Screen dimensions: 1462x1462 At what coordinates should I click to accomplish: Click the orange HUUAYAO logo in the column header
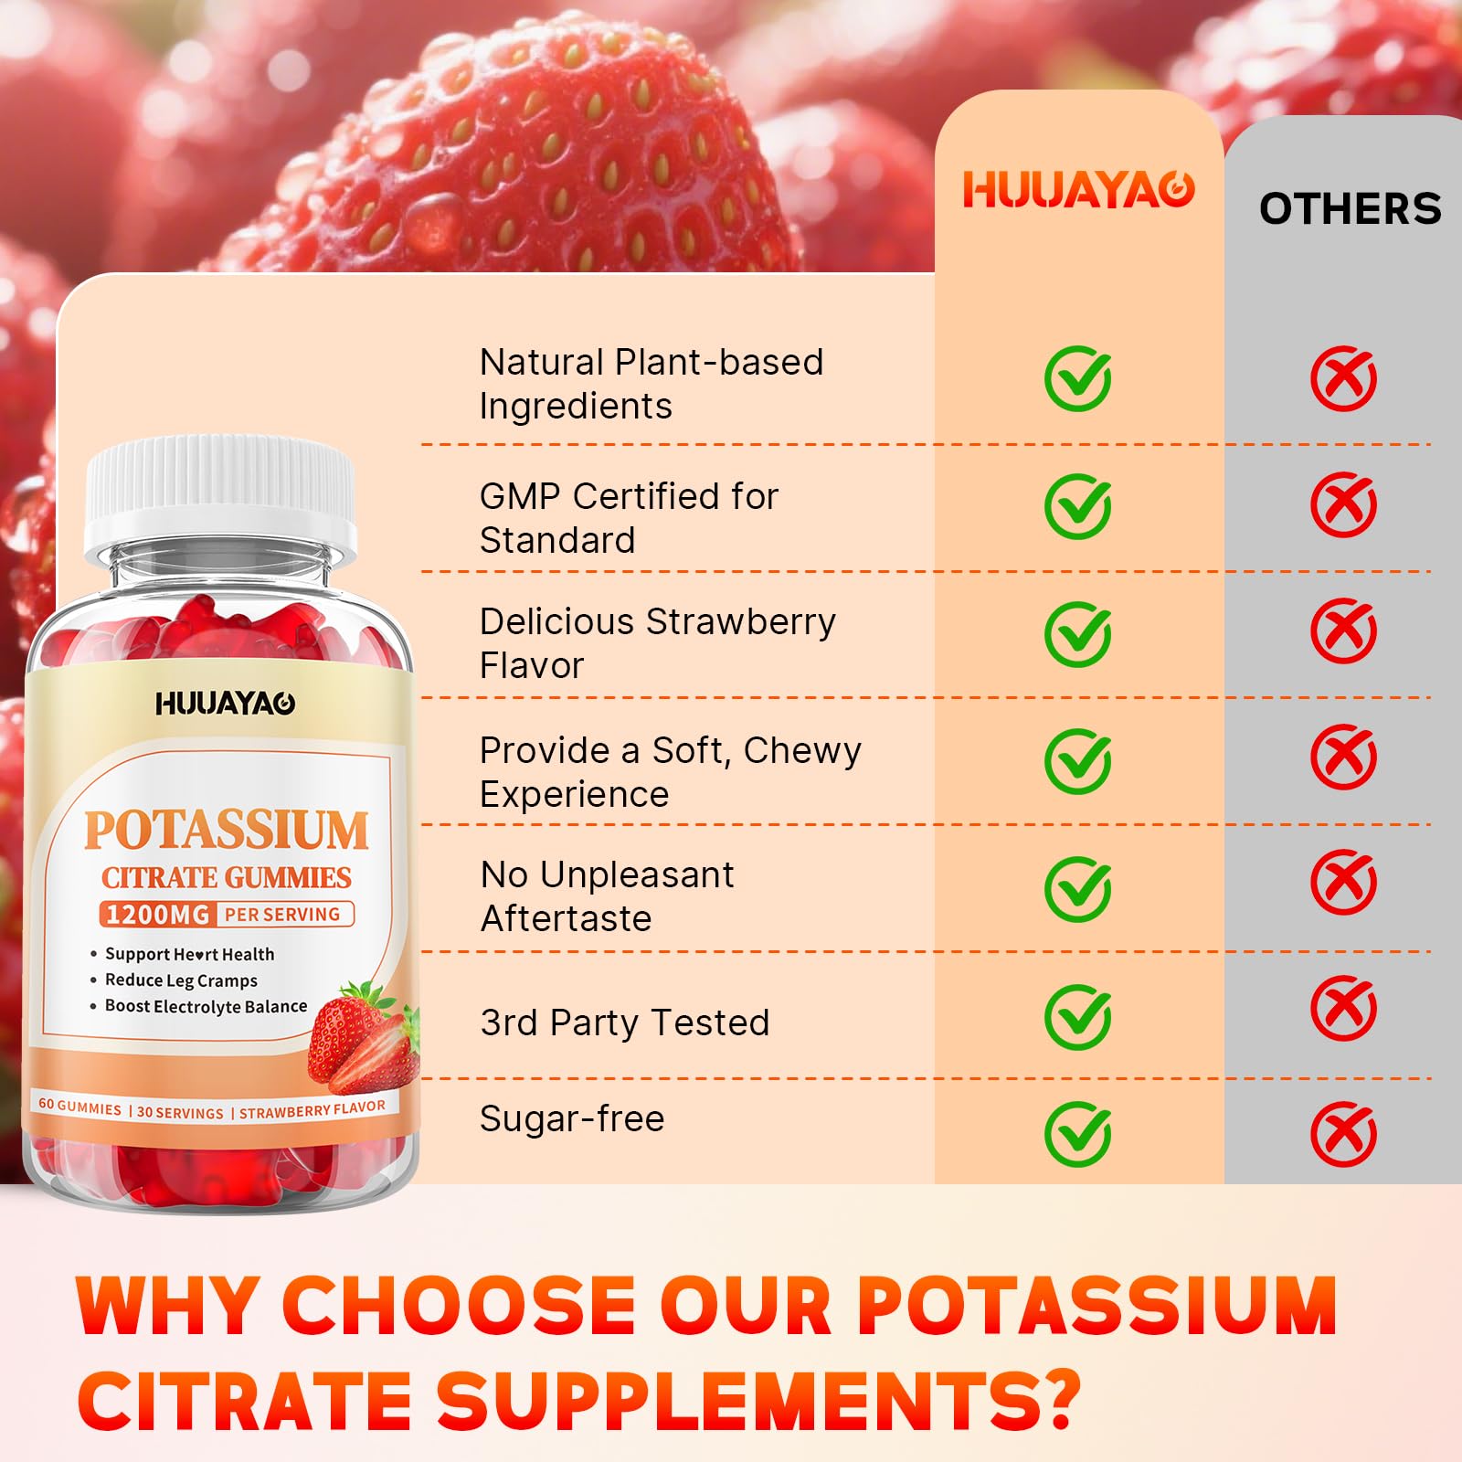pyautogui.click(x=1078, y=190)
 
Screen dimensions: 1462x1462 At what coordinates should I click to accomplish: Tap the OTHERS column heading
pyautogui.click(x=1350, y=209)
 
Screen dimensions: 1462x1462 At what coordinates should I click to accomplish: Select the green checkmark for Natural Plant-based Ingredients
pyautogui.click(x=1078, y=378)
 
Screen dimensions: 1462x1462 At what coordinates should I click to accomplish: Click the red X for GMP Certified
pyautogui.click(x=1343, y=504)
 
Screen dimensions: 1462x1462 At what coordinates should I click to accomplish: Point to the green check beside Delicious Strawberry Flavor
pyautogui.click(x=1078, y=633)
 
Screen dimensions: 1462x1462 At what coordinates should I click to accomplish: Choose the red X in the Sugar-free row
pyautogui.click(x=1343, y=1134)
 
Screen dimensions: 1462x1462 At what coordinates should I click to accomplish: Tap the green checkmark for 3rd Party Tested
pyautogui.click(x=1078, y=1016)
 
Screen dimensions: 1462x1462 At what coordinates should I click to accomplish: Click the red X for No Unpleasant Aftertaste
pyautogui.click(x=1343, y=883)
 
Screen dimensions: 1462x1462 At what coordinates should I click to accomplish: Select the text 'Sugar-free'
pyautogui.click(x=572, y=1119)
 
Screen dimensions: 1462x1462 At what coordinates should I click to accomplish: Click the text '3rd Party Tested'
pyautogui.click(x=625, y=1022)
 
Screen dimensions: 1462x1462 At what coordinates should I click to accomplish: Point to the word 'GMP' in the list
pyautogui.click(x=520, y=497)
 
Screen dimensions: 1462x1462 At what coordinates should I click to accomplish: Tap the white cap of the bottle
pyautogui.click(x=220, y=493)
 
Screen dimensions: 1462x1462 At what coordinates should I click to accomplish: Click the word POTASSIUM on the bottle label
pyautogui.click(x=227, y=830)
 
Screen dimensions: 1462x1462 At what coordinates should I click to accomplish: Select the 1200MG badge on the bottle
pyautogui.click(x=157, y=915)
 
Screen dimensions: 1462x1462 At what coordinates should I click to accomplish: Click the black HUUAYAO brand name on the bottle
pyautogui.click(x=225, y=704)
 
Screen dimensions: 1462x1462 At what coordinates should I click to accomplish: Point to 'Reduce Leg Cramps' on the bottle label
pyautogui.click(x=181, y=980)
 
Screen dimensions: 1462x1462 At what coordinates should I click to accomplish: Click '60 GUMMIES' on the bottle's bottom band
pyautogui.click(x=79, y=1107)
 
